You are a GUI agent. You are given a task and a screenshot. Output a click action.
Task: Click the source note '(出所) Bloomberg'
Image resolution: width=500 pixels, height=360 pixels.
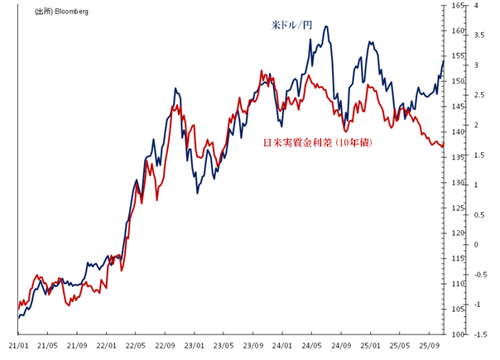[61, 12]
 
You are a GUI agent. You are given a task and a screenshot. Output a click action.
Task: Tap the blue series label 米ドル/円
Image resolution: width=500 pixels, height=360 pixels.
[291, 26]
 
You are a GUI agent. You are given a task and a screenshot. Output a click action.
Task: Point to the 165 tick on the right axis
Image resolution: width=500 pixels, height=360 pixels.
[456, 6]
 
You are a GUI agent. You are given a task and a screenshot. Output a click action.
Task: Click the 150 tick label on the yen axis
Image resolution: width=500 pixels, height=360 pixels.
[456, 81]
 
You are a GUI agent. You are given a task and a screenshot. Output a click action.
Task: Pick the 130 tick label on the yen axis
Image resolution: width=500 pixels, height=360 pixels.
[456, 183]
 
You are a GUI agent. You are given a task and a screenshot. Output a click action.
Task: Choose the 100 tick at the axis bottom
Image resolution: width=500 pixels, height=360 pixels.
[456, 334]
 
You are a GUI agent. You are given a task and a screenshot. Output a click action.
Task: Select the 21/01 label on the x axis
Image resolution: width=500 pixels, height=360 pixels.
[18, 345]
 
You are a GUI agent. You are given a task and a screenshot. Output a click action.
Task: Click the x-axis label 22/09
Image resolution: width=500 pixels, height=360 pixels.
[165, 345]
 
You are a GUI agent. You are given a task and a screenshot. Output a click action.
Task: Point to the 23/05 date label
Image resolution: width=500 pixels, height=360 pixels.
[224, 345]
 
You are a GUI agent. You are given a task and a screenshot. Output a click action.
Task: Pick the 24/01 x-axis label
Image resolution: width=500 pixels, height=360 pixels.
[282, 345]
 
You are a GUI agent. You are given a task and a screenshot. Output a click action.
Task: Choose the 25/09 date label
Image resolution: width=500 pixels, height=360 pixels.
[429, 345]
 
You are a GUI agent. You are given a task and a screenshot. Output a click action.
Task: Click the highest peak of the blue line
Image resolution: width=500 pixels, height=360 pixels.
[326, 26]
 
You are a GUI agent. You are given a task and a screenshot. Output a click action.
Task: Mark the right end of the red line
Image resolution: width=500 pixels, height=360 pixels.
[444, 146]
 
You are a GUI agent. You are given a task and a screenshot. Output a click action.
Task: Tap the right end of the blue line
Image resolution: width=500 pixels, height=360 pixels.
[444, 61]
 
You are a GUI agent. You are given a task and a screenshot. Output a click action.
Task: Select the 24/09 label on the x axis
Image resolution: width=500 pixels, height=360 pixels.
[341, 345]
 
